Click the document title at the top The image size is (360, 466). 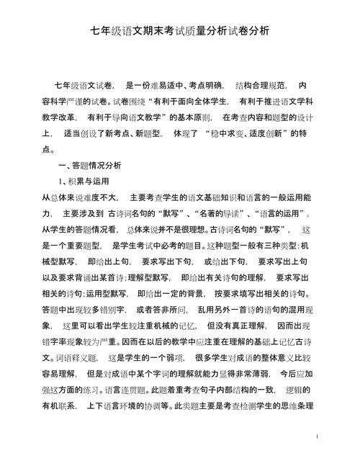coord(179,31)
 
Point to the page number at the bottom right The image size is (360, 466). coord(317,437)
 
